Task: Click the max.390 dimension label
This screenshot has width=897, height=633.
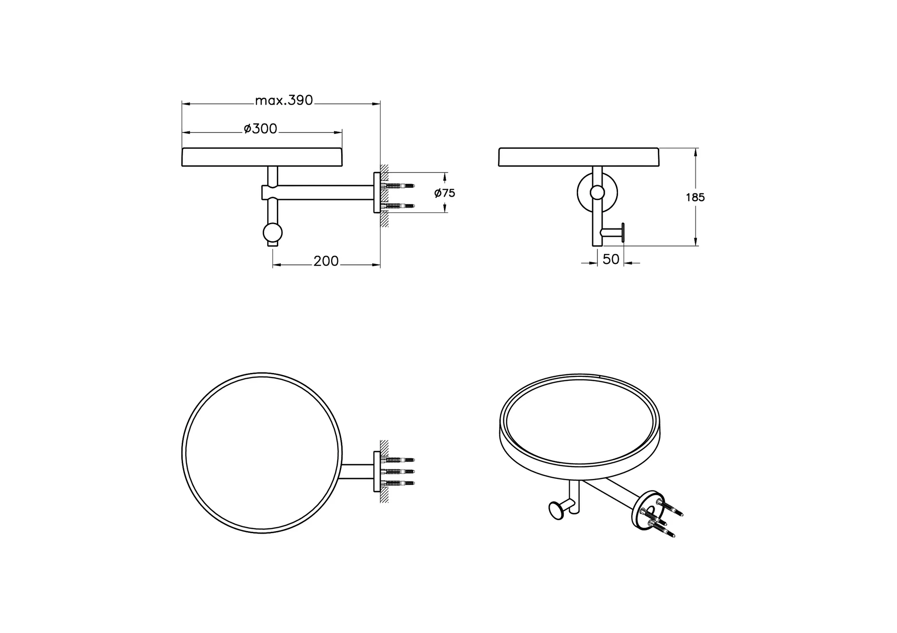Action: (284, 101)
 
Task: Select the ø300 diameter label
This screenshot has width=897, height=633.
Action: (261, 129)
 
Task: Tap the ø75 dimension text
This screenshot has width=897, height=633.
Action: (445, 193)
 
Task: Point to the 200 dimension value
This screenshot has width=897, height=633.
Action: (326, 261)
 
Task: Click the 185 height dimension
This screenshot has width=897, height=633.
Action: (695, 197)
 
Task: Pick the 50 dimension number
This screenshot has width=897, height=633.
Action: (611, 259)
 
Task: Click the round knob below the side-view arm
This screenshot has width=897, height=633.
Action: (273, 233)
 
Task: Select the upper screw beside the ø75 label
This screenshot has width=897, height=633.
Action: (398, 186)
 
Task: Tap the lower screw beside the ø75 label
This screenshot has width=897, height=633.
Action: (398, 206)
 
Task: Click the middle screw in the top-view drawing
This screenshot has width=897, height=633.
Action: (398, 471)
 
